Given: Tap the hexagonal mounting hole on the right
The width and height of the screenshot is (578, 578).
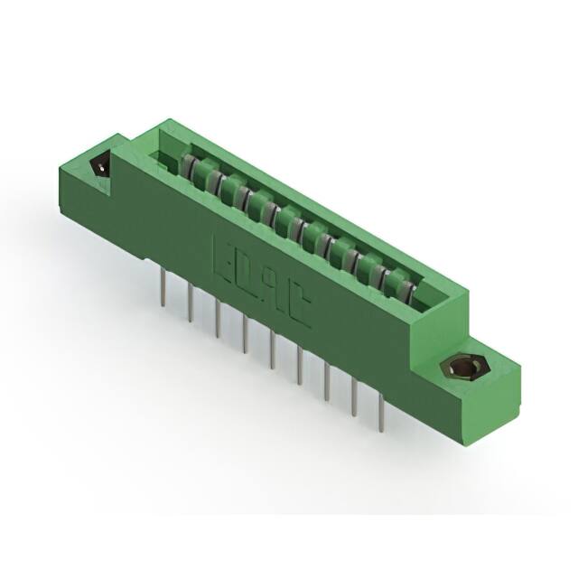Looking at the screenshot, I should click(x=461, y=368).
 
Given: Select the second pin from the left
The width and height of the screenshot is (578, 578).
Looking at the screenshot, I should click(x=191, y=307).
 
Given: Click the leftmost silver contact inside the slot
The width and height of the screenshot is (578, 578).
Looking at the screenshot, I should click(x=189, y=167).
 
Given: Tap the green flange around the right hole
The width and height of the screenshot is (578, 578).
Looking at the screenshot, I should click(x=492, y=379).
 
